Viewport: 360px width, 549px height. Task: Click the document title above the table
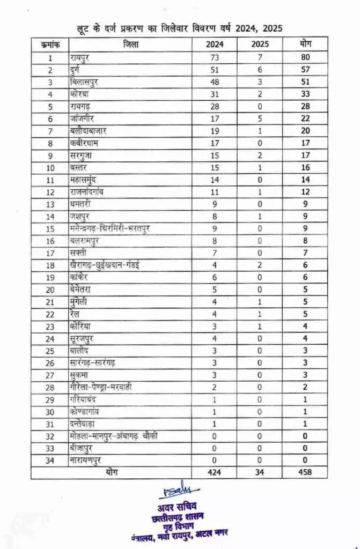point(180,28)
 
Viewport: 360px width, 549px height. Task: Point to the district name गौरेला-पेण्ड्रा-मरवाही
point(105,388)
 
